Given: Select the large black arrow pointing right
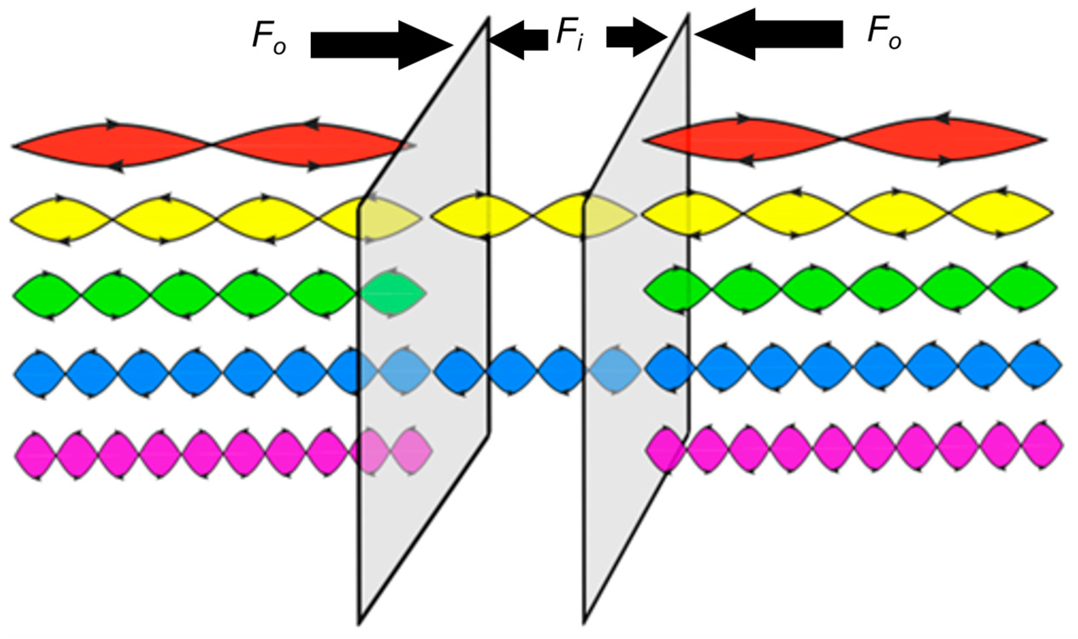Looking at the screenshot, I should pos(381,45).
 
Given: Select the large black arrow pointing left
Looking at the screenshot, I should pos(768,34).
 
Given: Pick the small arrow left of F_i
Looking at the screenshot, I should pos(519,40).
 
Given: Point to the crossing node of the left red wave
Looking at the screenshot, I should pos(211,145).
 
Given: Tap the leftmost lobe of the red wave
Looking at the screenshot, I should pos(112,146).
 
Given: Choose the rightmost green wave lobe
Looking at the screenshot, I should pos(1022,287).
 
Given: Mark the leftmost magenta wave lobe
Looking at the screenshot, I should pos(36,455).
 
